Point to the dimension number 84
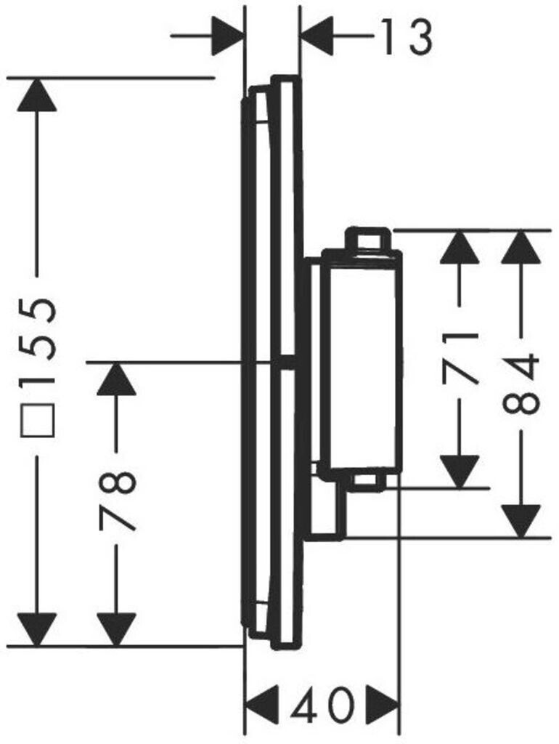(522, 383)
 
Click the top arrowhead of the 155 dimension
(36, 94)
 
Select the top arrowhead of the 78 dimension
(116, 379)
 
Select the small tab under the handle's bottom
(369, 480)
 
